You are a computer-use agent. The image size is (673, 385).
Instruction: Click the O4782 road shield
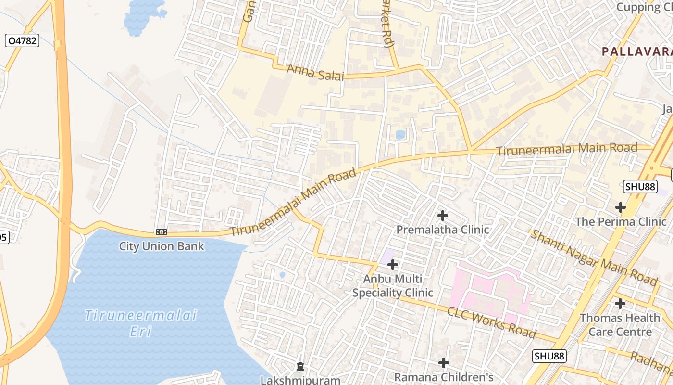click(22, 41)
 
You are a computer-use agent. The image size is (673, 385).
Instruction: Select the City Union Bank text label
click(162, 246)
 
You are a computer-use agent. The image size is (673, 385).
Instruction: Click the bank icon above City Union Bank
click(162, 232)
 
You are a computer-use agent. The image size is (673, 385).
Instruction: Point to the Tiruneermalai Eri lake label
click(141, 323)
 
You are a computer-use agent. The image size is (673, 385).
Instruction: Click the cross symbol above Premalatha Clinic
click(443, 216)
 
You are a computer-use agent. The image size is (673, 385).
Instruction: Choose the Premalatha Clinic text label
click(442, 230)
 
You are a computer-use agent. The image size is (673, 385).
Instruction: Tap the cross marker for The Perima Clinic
click(621, 207)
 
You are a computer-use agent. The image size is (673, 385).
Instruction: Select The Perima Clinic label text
click(621, 221)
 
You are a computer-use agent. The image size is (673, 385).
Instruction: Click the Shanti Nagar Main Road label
click(593, 257)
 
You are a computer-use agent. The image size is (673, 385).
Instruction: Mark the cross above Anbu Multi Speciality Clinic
click(393, 264)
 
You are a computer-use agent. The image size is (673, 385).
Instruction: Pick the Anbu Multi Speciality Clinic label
click(393, 285)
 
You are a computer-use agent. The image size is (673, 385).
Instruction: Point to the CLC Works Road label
click(491, 322)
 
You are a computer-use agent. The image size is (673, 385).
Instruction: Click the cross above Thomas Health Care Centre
click(620, 304)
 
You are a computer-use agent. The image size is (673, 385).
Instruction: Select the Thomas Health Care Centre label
click(620, 325)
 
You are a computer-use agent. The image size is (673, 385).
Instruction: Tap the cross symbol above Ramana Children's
click(444, 362)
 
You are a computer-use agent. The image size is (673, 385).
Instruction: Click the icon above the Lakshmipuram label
click(300, 367)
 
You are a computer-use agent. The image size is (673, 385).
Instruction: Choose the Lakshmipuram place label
click(300, 380)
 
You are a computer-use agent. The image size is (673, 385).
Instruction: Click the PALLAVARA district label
click(637, 51)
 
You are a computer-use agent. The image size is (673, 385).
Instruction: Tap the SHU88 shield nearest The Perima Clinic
click(640, 187)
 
